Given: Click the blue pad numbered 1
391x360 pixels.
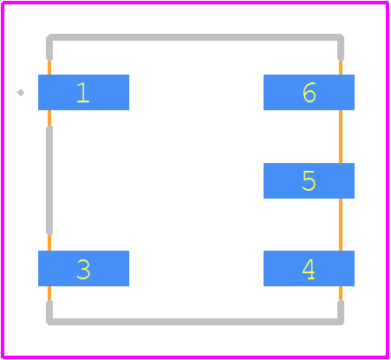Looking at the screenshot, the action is click(x=83, y=92).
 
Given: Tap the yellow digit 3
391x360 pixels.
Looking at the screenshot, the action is click(x=83, y=269).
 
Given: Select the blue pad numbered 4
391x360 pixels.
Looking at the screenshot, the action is click(x=309, y=268).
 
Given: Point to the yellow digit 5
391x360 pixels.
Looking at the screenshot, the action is click(x=309, y=180).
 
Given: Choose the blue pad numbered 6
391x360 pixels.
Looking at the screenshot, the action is click(x=309, y=92).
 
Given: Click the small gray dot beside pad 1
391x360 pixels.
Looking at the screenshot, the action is click(x=21, y=93).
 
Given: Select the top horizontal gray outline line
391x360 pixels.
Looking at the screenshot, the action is click(x=195, y=37).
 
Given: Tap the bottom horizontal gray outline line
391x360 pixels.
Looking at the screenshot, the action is click(x=195, y=322).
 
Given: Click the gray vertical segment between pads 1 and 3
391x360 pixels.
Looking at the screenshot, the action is click(x=49, y=180).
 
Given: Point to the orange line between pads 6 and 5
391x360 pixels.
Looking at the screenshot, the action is click(x=341, y=136).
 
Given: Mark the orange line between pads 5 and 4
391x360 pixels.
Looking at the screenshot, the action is click(x=341, y=225).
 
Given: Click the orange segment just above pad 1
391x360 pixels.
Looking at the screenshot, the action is click(x=49, y=68).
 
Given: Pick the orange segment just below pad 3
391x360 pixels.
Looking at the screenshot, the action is click(x=49, y=293).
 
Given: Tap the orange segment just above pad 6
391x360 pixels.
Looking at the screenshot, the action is click(x=341, y=68).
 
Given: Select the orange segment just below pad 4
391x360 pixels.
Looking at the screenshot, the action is click(x=341, y=293).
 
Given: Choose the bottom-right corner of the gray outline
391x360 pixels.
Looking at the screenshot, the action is click(x=341, y=322).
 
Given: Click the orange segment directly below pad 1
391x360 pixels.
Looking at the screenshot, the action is click(x=49, y=118).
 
